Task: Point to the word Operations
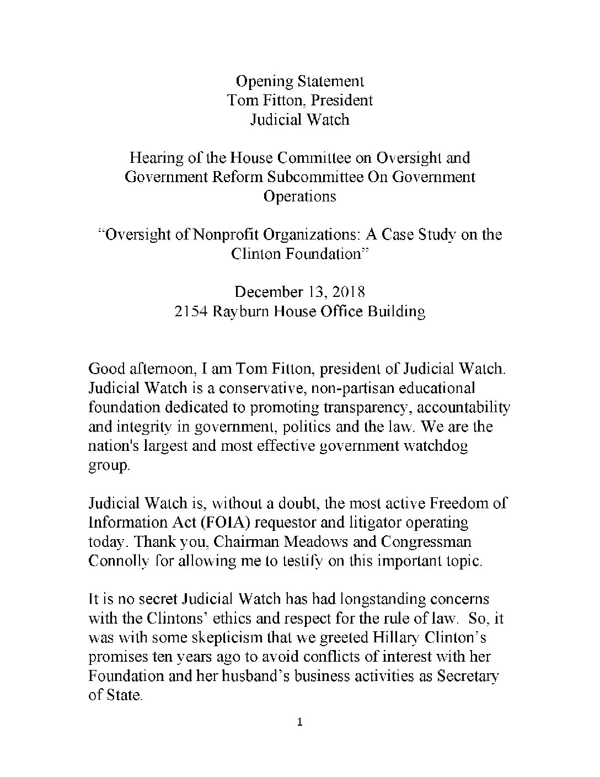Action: click(x=300, y=196)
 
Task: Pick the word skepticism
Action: click(x=224, y=637)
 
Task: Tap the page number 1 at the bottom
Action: click(x=300, y=723)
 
